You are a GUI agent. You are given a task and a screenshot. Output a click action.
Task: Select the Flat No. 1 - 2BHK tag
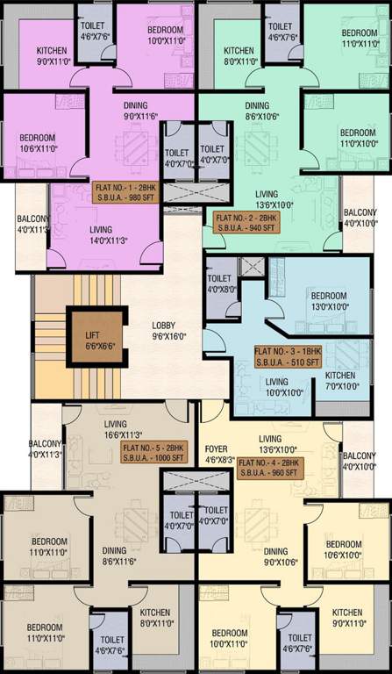click(128, 193)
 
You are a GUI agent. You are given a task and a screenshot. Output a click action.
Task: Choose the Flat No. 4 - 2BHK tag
click(270, 467)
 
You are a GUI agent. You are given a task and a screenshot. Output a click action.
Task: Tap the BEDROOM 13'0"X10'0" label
click(329, 301)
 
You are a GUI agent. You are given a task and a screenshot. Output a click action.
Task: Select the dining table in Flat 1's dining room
click(136, 147)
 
